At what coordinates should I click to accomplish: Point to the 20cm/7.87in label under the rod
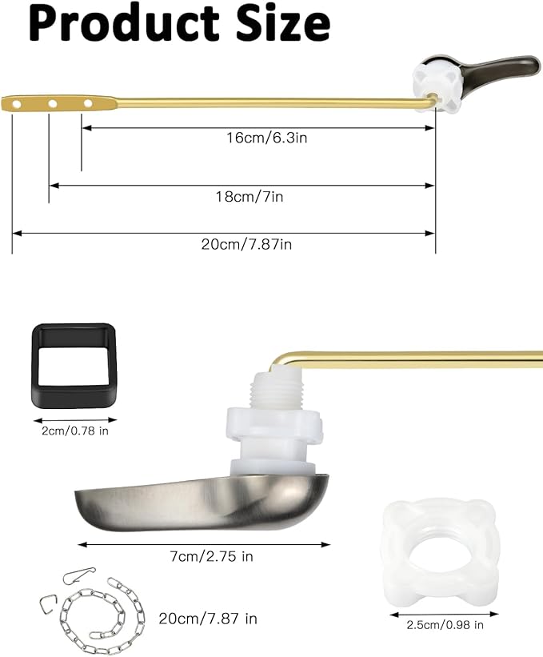click(x=246, y=245)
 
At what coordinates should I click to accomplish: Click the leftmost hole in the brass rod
click(x=14, y=102)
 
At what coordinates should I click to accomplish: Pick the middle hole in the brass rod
click(x=51, y=102)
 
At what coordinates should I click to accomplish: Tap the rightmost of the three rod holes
click(x=87, y=102)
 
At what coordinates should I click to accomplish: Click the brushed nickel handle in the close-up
click(x=200, y=500)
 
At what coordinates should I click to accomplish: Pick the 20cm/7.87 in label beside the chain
click(x=208, y=619)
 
